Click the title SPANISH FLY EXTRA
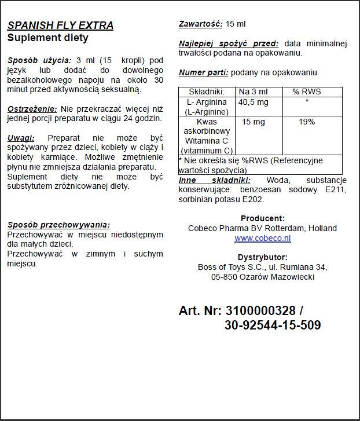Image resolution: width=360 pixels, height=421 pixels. pyautogui.click(x=60, y=25)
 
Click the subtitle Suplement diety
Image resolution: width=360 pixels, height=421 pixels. pyautogui.click(x=47, y=38)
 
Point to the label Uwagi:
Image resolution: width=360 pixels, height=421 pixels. pyautogui.click(x=21, y=138)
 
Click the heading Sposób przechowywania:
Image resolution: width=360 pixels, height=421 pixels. pyautogui.click(x=58, y=225)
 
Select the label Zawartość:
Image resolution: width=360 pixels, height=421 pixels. pyautogui.click(x=201, y=24)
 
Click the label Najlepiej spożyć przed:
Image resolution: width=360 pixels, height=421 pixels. pyautogui.click(x=229, y=43)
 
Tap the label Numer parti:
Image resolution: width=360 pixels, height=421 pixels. pyautogui.click(x=204, y=72)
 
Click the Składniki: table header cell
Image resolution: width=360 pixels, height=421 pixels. pyautogui.click(x=207, y=91)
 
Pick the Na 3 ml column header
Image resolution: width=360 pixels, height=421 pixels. pyautogui.click(x=253, y=91)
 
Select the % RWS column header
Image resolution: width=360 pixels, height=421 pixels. pyautogui.click(x=306, y=91)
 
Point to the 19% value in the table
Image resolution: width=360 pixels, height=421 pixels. pyautogui.click(x=306, y=122)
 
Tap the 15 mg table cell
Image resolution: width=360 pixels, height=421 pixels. pyautogui.click(x=253, y=122)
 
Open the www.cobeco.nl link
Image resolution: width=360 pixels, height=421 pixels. pyautogui.click(x=262, y=238)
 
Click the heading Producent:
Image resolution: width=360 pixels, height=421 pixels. pyautogui.click(x=262, y=218)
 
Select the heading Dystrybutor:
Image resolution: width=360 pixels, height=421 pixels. pyautogui.click(x=262, y=257)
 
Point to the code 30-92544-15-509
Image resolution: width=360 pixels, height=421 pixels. pyautogui.click(x=272, y=326)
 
